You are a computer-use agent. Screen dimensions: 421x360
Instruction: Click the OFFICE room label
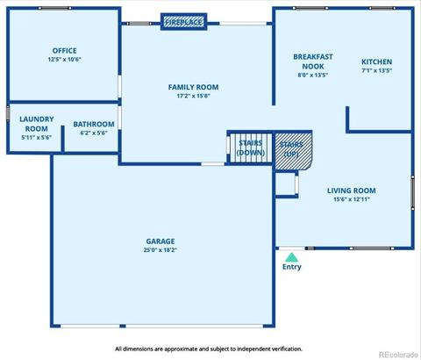pyautogui.click(x=65, y=51)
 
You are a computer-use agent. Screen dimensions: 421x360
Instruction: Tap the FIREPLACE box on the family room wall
pyautogui.click(x=184, y=22)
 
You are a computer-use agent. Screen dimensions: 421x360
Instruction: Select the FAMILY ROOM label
pyautogui.click(x=193, y=87)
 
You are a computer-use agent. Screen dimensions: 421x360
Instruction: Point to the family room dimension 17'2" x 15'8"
pyautogui.click(x=193, y=96)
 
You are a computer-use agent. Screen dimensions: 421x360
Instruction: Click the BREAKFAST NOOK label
pyautogui.click(x=313, y=61)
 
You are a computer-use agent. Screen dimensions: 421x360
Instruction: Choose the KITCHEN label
pyautogui.click(x=376, y=61)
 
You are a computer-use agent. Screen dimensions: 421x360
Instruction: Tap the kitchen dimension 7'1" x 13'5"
pyautogui.click(x=376, y=70)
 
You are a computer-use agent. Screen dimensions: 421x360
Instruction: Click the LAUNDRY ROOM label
pyautogui.click(x=37, y=124)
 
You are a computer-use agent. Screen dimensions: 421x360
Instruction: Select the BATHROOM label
pyautogui.click(x=94, y=124)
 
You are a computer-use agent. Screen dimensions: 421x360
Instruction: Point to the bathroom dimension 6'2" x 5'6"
pyautogui.click(x=94, y=133)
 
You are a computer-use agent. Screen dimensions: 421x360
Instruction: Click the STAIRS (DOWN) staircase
pyautogui.click(x=251, y=148)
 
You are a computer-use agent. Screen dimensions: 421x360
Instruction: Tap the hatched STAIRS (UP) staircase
pyautogui.click(x=293, y=151)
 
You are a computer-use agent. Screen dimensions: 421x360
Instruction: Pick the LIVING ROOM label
pyautogui.click(x=352, y=191)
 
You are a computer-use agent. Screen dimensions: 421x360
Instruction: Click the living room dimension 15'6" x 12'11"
pyautogui.click(x=352, y=199)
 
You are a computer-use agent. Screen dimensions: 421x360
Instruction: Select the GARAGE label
pyautogui.click(x=161, y=241)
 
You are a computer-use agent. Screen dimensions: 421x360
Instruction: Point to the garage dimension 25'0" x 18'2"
pyautogui.click(x=161, y=250)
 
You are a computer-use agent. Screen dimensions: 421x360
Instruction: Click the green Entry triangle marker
pyautogui.click(x=291, y=257)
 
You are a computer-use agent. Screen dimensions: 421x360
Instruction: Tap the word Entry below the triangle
pyautogui.click(x=292, y=267)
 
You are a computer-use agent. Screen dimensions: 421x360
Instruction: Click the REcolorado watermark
pyautogui.click(x=398, y=355)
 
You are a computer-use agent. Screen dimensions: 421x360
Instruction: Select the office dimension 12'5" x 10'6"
pyautogui.click(x=65, y=60)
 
